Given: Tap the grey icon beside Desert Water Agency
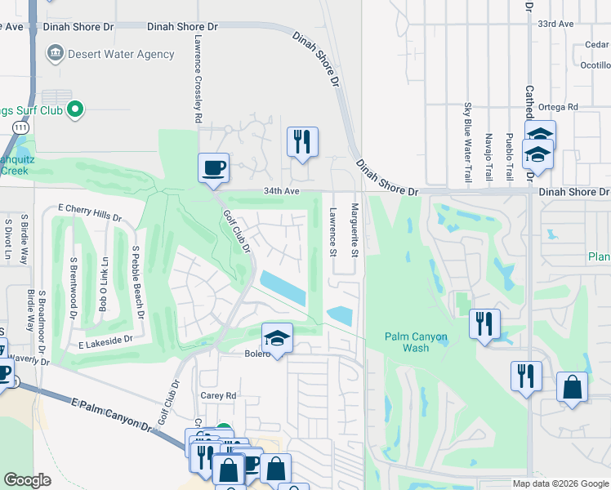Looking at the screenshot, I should click(x=55, y=54).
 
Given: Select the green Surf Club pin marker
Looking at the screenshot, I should click(x=75, y=108).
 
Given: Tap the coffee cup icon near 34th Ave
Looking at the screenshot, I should click(x=214, y=168).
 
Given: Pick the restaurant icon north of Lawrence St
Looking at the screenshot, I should click(x=302, y=142).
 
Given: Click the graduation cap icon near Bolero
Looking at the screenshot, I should click(x=278, y=338).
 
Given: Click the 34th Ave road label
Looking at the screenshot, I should click(x=282, y=191).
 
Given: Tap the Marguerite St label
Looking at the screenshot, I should click(x=355, y=231).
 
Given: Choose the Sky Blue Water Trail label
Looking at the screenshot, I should click(x=468, y=143).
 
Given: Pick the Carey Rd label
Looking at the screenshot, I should click(x=218, y=395).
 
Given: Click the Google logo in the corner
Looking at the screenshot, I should click(x=28, y=480).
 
